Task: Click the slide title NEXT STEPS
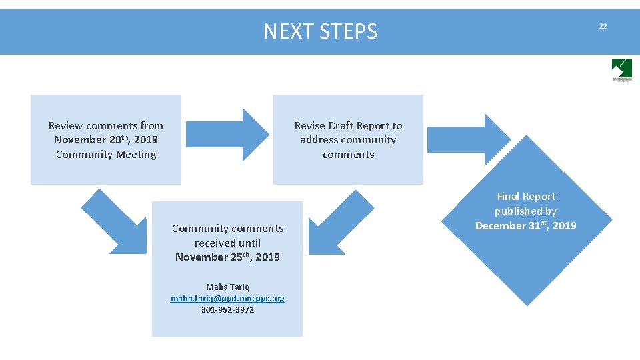click(x=320, y=31)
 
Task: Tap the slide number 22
click(x=603, y=26)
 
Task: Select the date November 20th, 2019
click(x=105, y=140)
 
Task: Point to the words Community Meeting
click(x=106, y=155)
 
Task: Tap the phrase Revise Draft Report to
click(x=348, y=125)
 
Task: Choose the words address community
click(x=348, y=140)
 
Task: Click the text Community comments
click(x=227, y=228)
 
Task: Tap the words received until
click(x=227, y=243)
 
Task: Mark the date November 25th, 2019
click(x=227, y=257)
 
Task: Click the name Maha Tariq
click(x=227, y=287)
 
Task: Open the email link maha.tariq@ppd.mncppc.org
click(x=227, y=298)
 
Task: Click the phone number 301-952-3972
click(x=227, y=309)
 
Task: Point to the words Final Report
click(x=525, y=196)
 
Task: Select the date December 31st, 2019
click(x=525, y=225)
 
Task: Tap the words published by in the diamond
click(x=525, y=211)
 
